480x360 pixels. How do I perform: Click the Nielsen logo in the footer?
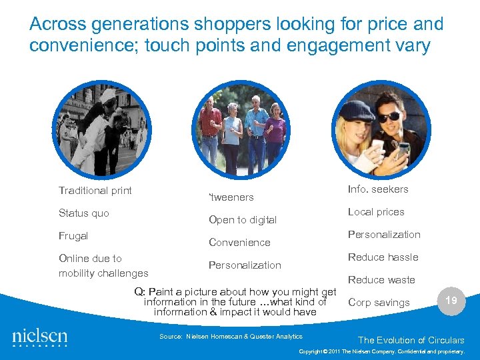tap(40, 335)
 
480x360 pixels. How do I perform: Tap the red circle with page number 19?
tap(451, 301)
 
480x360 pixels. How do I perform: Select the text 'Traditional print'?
tap(95, 191)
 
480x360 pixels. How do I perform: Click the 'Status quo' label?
tap(84, 213)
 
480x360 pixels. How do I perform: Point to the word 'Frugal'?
tap(73, 236)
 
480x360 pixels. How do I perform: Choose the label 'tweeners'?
tap(231, 197)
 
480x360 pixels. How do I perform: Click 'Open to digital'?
tap(243, 220)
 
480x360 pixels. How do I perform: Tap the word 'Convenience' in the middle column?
tap(239, 243)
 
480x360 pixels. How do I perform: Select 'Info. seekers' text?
tap(378, 189)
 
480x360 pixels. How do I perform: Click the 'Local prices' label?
tap(376, 212)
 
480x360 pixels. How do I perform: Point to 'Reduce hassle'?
tap(383, 257)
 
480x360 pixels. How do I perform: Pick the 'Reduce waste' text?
tap(381, 280)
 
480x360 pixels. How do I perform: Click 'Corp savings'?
tap(379, 303)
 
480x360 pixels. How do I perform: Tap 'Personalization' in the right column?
tap(384, 235)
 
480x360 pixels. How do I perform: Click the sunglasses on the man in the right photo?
tap(390, 117)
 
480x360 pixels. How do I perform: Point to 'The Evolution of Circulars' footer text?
tap(411, 340)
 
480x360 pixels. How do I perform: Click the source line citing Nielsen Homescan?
tap(231, 337)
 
